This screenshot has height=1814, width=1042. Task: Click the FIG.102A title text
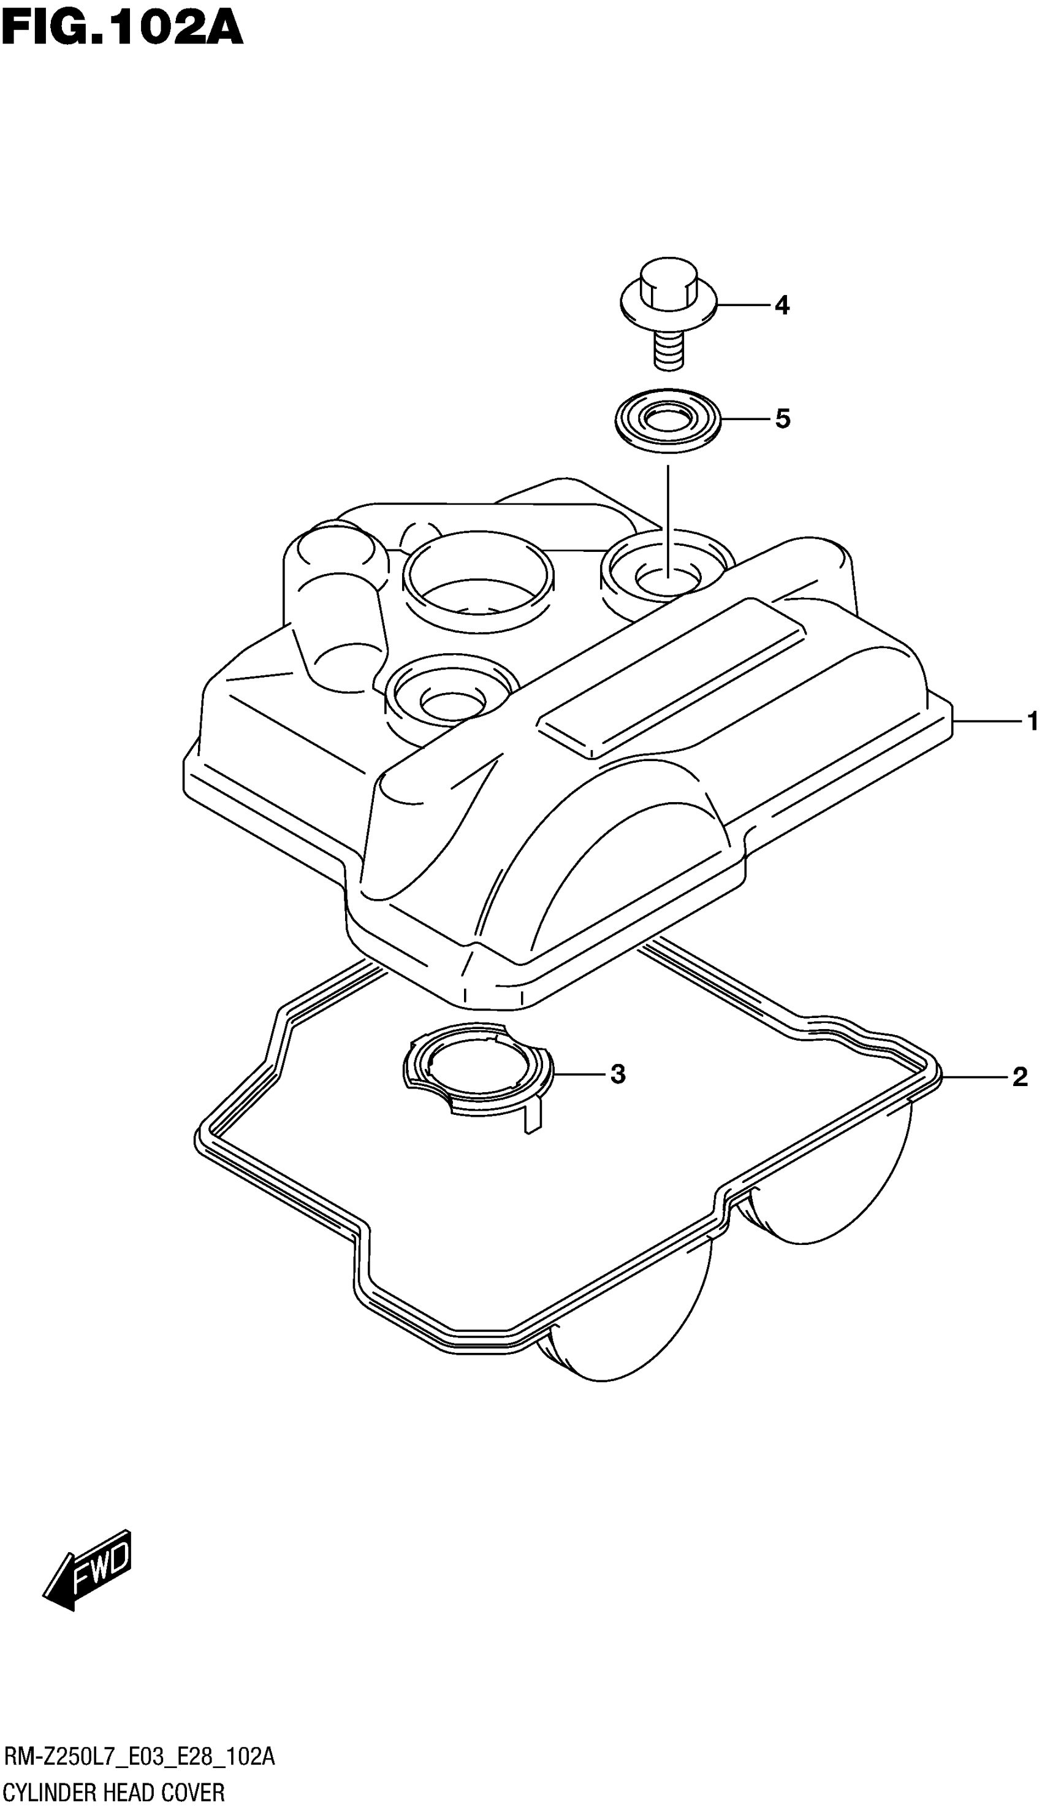(121, 29)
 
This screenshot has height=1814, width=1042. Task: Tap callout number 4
(781, 305)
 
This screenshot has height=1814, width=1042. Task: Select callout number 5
(782, 419)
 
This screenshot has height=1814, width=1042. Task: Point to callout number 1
(1031, 722)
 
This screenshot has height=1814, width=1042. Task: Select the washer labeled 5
(667, 421)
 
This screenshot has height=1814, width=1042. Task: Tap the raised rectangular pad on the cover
(671, 677)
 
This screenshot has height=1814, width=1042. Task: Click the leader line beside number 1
(987, 722)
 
